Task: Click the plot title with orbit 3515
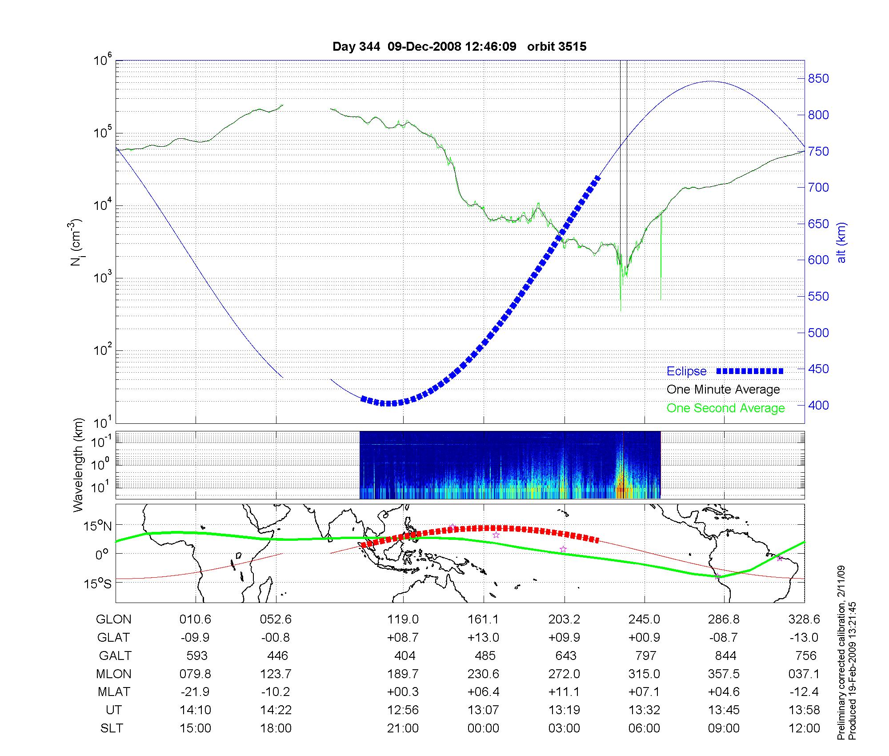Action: (x=459, y=47)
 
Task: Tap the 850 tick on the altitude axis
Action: (x=818, y=79)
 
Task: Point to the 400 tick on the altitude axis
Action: (x=818, y=405)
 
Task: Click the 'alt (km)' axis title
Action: (x=841, y=242)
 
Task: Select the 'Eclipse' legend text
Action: (x=686, y=371)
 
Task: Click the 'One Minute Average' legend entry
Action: (x=723, y=390)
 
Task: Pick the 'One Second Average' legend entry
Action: (x=725, y=408)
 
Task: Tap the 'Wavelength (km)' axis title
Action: (x=79, y=465)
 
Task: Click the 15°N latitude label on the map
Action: (x=98, y=527)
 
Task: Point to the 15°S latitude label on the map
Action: (x=98, y=583)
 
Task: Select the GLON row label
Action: (x=114, y=619)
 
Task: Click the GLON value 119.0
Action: (x=403, y=619)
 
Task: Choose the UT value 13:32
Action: (x=644, y=710)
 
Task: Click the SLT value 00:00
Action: (x=483, y=728)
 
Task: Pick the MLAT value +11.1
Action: (x=564, y=692)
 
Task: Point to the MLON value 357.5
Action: (x=724, y=674)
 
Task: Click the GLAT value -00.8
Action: (x=276, y=638)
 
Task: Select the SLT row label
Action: (x=112, y=728)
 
